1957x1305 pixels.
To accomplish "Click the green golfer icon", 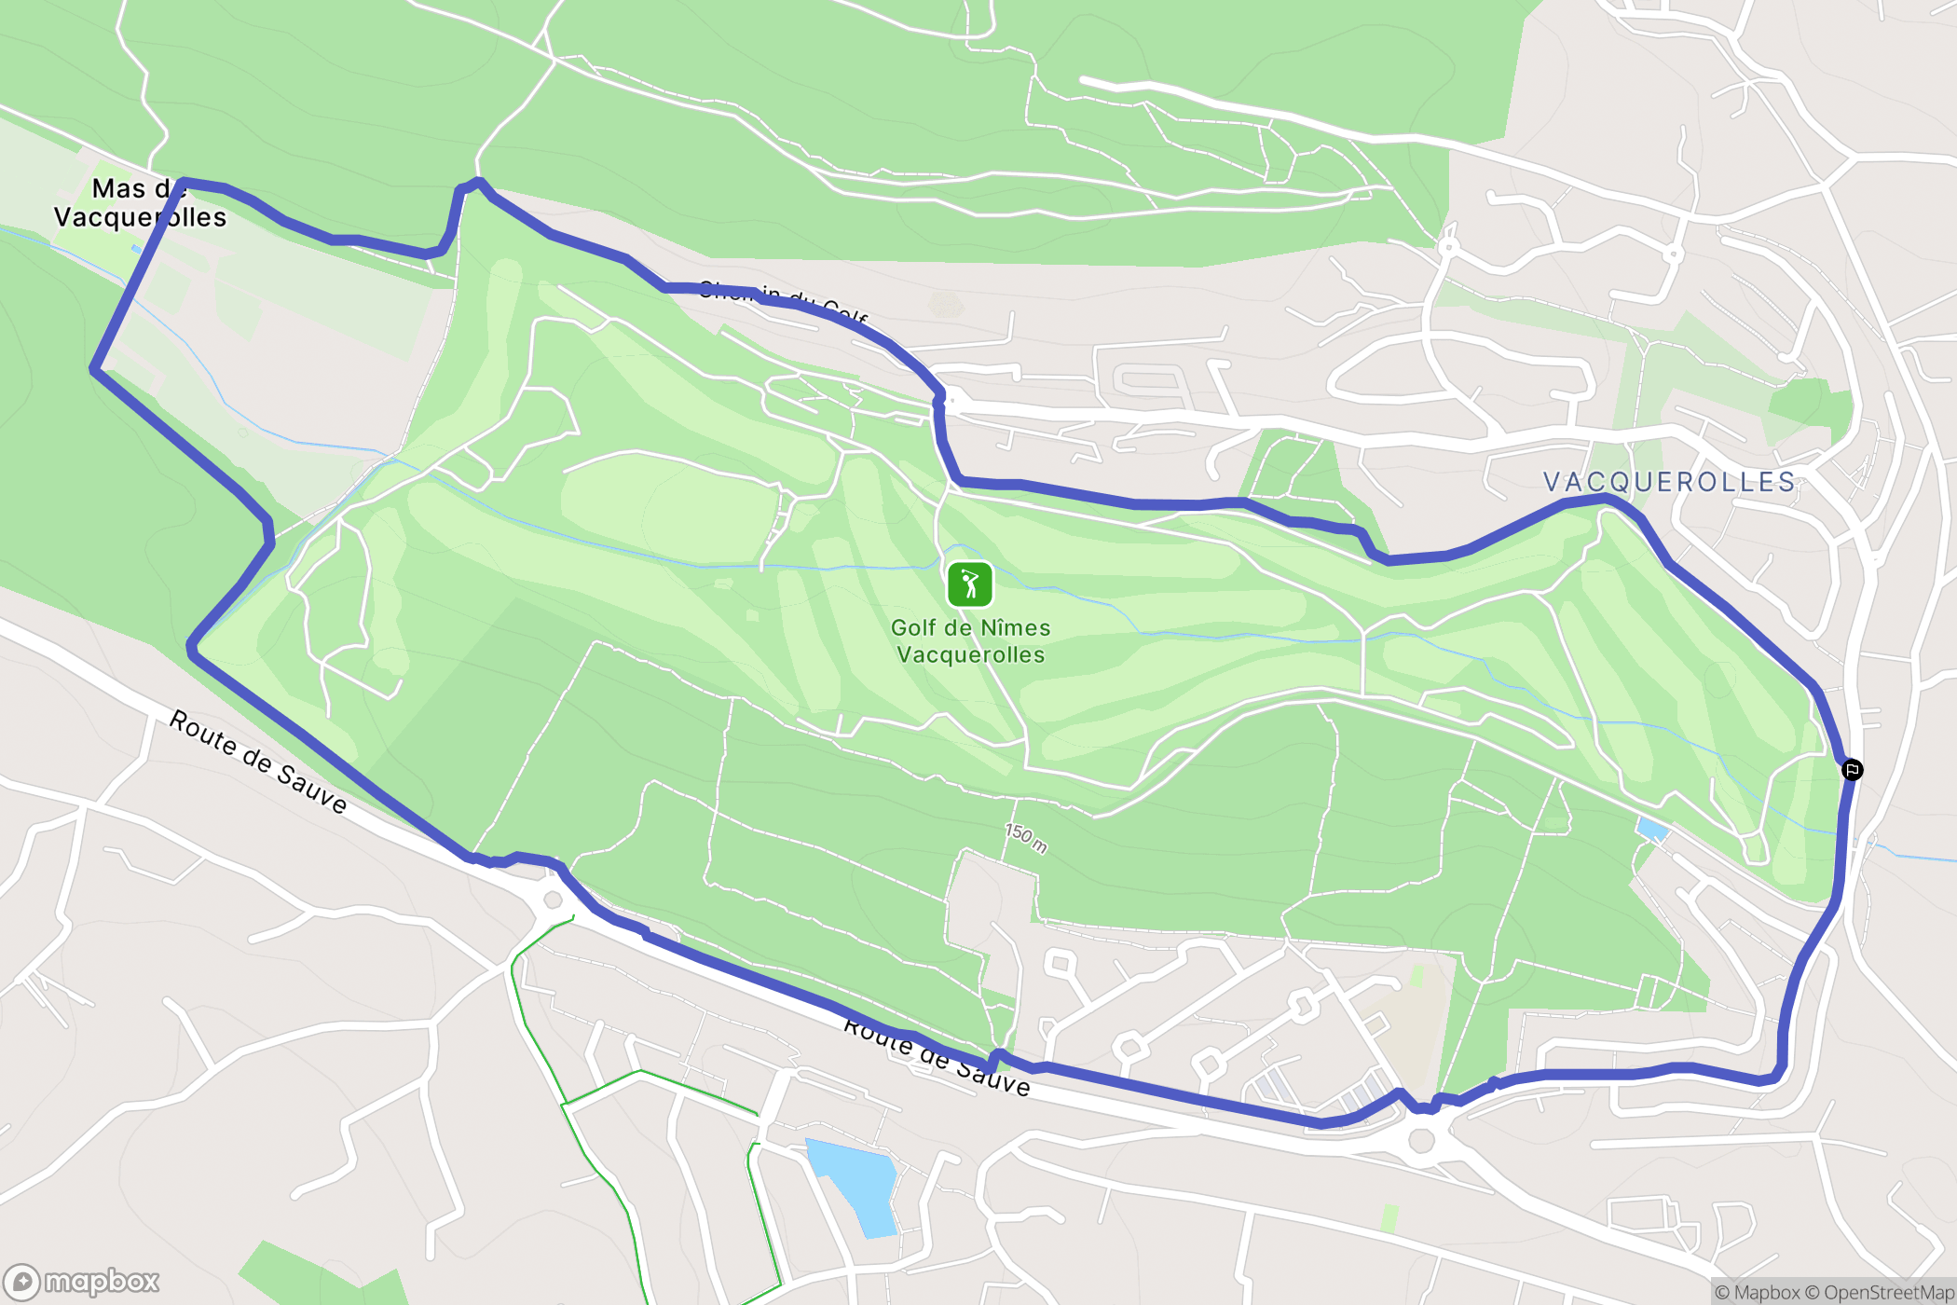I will tap(969, 584).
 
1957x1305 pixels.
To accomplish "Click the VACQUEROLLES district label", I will tap(1669, 482).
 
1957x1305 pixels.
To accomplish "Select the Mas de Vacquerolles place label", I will tap(140, 203).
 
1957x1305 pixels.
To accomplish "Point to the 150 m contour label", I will tap(1026, 837).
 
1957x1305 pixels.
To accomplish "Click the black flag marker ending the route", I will tap(1852, 770).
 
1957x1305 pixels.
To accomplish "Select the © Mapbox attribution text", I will tap(1757, 1292).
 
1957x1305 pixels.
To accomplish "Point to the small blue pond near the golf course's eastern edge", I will tap(1652, 829).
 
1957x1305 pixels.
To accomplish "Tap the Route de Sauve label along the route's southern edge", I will tap(937, 1055).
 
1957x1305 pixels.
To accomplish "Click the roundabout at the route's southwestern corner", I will tap(553, 900).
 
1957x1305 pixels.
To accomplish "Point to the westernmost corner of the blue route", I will tap(93, 369).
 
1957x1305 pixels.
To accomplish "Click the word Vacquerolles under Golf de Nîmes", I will tap(970, 655).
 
